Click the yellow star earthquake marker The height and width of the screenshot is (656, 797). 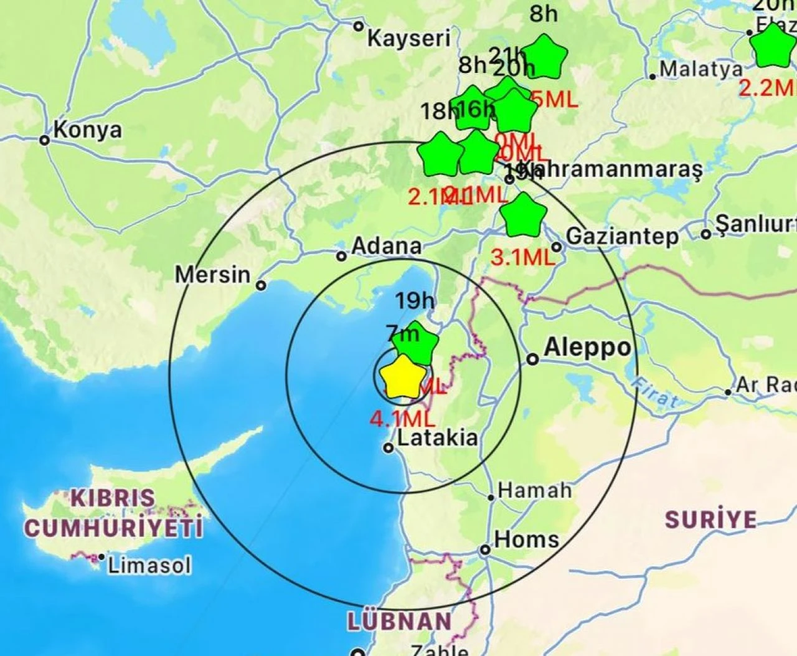(x=403, y=378)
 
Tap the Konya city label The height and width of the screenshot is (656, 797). (x=88, y=130)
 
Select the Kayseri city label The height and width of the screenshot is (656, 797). (x=408, y=39)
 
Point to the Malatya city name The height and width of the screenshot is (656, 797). (x=702, y=69)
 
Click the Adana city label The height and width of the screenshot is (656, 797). (x=386, y=246)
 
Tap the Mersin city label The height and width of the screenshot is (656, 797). (x=212, y=274)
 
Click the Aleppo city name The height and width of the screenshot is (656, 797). (x=587, y=348)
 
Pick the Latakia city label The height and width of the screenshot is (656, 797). (x=438, y=438)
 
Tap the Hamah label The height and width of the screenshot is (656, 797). (x=535, y=490)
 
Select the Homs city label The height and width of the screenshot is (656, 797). (x=526, y=539)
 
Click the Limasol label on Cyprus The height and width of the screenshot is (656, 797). (x=149, y=566)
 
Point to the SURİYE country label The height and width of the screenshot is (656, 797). (x=710, y=520)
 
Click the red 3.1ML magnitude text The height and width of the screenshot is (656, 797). (x=522, y=257)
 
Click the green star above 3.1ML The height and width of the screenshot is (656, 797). (x=523, y=216)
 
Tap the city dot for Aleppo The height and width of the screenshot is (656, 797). (x=532, y=359)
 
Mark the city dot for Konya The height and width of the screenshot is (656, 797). (x=45, y=140)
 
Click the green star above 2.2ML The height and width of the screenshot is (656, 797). (x=773, y=47)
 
